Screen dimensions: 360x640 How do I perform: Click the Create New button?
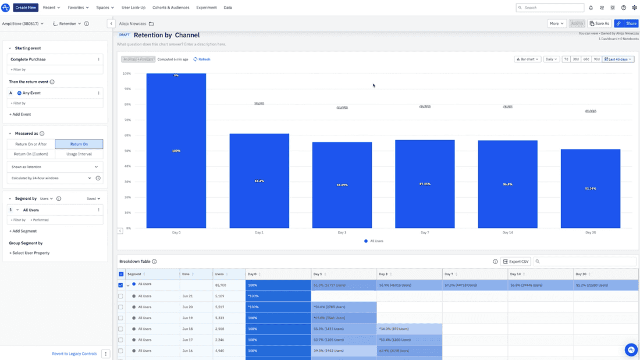point(26,8)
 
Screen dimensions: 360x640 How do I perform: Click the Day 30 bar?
point(590,188)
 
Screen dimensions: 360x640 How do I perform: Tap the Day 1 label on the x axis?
point(259,233)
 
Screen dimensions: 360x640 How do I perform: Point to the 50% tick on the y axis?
point(127,151)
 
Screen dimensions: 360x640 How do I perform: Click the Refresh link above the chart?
point(202,59)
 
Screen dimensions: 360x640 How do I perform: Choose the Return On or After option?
point(31,144)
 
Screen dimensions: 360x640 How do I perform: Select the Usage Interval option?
point(79,154)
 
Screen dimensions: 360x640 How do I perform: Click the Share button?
point(631,24)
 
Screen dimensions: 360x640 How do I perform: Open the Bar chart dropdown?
point(528,59)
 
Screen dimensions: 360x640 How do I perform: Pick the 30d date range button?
point(575,59)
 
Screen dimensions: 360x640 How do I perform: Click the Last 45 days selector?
point(618,59)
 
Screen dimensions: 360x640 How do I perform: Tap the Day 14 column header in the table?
point(515,274)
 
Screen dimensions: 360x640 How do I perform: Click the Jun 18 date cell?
point(187,329)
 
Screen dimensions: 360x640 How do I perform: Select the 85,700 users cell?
point(221,286)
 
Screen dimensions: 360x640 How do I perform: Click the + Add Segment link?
point(23,231)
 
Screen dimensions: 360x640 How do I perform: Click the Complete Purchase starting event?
point(28,59)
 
